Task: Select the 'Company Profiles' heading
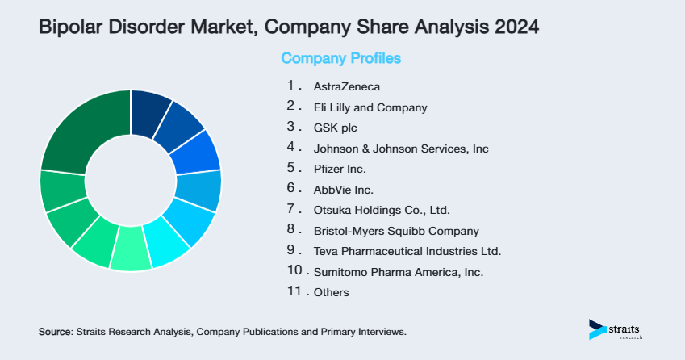340,58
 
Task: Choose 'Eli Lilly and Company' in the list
370,107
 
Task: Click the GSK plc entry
335,128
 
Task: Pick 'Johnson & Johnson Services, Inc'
400,149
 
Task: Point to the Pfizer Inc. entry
340,170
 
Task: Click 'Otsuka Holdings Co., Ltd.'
381,210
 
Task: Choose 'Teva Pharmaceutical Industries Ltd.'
407,251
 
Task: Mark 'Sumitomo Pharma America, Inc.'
398,272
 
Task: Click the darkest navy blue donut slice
149,108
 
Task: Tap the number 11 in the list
294,291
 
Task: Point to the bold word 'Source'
55,332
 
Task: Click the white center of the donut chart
130,180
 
